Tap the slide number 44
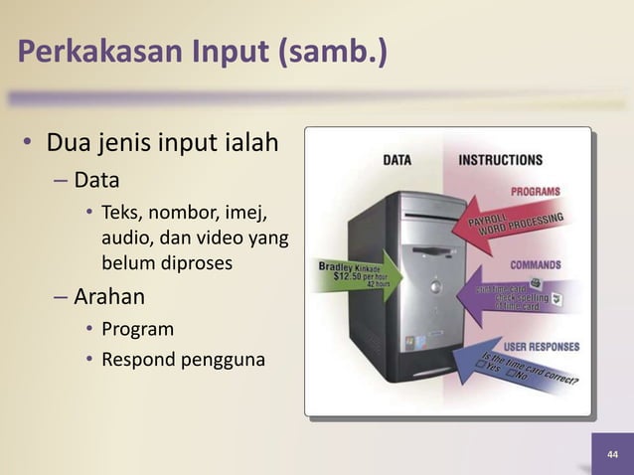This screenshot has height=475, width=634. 611,454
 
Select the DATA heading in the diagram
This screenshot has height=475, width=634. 397,159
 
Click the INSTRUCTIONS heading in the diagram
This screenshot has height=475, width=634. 500,159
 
